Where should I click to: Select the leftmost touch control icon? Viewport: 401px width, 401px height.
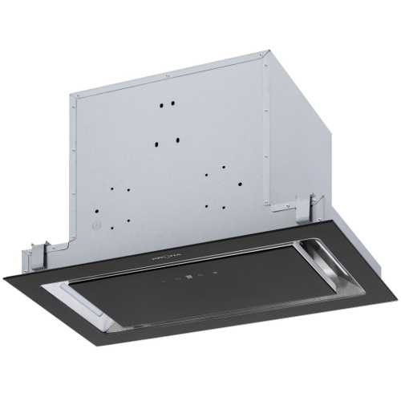click(x=165, y=282)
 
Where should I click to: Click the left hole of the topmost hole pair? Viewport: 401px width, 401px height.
click(x=163, y=105)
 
